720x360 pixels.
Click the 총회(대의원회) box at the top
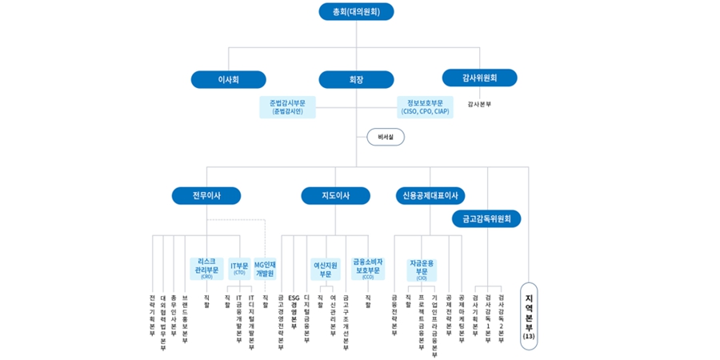tap(356, 11)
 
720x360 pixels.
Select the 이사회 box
tap(228, 79)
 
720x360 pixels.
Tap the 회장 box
tap(356, 79)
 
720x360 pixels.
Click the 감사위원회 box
tap(479, 78)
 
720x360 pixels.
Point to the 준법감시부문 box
tap(287, 106)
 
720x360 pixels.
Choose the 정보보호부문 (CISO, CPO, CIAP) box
tap(425, 106)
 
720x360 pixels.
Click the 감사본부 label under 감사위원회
tap(479, 104)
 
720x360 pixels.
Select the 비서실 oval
tap(386, 137)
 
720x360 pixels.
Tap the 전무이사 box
tap(206, 195)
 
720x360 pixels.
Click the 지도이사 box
tap(335, 195)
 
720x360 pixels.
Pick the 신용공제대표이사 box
tap(430, 195)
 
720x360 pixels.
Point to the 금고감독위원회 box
tap(486, 218)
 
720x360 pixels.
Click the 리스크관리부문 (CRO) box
tap(206, 268)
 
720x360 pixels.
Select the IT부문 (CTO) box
tap(239, 268)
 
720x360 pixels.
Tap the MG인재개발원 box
tap(265, 268)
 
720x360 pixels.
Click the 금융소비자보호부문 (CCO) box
tap(368, 268)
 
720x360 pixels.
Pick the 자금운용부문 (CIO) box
tap(421, 268)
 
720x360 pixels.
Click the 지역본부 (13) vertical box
tap(529, 314)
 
